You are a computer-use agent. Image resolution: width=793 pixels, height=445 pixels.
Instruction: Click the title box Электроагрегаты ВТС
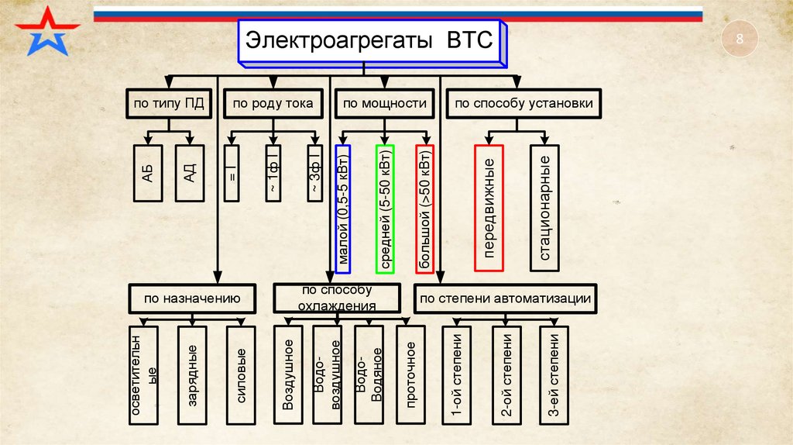click(x=369, y=41)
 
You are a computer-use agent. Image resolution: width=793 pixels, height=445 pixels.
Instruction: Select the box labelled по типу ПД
click(x=168, y=104)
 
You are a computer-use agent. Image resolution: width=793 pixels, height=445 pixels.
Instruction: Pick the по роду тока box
click(x=273, y=104)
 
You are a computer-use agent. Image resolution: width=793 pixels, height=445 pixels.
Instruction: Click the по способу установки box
click(x=524, y=104)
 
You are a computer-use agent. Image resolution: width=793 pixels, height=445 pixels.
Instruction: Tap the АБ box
click(x=148, y=173)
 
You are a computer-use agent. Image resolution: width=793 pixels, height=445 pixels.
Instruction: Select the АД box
click(x=190, y=173)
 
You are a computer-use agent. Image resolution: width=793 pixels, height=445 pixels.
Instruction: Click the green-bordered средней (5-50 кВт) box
click(x=385, y=209)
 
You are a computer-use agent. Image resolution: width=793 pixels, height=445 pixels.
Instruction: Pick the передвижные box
click(x=489, y=207)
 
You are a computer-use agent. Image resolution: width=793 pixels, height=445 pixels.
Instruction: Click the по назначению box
click(x=191, y=298)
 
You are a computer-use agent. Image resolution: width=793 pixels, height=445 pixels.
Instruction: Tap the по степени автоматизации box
click(x=506, y=298)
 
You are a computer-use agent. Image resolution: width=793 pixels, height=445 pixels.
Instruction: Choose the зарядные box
click(x=191, y=374)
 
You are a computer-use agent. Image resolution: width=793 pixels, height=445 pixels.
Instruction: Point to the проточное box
click(x=410, y=374)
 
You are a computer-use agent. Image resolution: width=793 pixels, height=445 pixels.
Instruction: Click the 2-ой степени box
click(x=506, y=374)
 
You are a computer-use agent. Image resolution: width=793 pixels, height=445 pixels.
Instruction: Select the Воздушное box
click(x=287, y=374)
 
